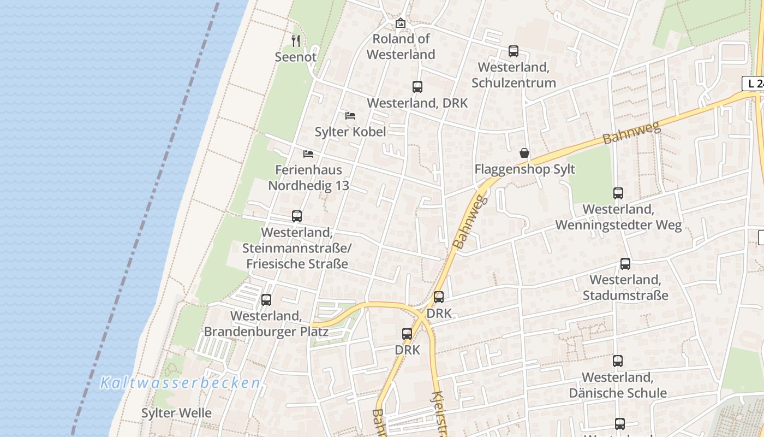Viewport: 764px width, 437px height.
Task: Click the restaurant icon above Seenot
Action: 296,40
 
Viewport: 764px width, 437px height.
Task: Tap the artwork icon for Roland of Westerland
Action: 401,23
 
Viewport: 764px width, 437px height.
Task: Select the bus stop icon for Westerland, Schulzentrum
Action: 514,51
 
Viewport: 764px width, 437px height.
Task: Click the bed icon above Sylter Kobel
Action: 350,116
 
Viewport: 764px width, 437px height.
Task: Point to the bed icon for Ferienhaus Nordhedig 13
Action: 308,154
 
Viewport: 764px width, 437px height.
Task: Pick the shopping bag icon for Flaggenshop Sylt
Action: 524,153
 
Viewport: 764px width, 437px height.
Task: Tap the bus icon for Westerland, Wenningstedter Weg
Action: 618,193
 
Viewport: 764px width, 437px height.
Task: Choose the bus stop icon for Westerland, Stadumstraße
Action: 625,264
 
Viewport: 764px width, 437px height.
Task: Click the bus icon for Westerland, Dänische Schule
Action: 618,361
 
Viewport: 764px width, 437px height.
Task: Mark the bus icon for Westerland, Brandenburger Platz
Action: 266,300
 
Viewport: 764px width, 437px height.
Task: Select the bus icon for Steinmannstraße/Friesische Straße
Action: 297,216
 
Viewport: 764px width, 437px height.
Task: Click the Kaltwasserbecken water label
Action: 180,383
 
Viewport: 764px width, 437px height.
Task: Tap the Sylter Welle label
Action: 176,413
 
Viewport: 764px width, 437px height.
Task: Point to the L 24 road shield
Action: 754,84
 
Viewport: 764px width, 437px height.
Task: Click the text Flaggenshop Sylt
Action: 517,169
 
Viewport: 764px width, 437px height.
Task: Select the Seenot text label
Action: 295,57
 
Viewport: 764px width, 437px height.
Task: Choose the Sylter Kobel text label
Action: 350,132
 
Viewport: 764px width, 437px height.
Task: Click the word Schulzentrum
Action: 514,83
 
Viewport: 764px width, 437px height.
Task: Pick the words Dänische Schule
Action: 618,393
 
